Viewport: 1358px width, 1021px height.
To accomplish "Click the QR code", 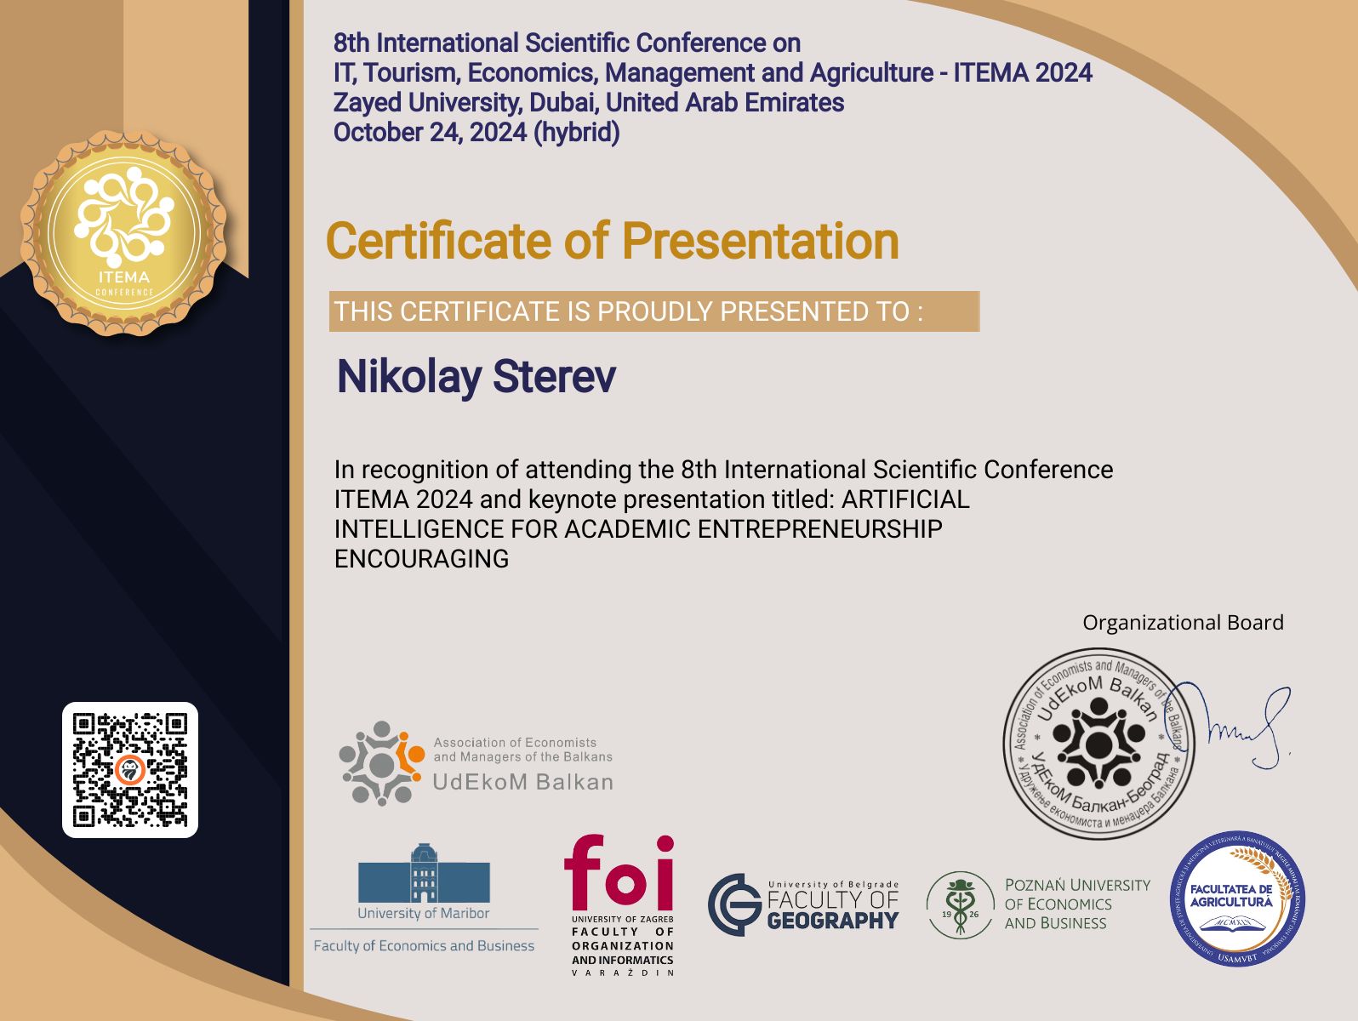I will (130, 770).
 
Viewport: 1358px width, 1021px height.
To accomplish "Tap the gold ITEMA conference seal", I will (124, 232).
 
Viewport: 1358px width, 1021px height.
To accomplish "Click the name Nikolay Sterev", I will (476, 377).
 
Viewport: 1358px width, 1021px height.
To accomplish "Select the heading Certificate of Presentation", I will (613, 241).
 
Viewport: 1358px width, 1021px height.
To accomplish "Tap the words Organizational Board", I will (1183, 623).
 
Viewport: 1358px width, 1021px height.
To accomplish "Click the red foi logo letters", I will (619, 873).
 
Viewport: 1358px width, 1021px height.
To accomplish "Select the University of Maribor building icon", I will (424, 874).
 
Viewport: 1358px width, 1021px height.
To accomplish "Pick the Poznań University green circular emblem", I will (960, 905).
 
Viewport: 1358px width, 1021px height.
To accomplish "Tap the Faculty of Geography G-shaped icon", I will (734, 905).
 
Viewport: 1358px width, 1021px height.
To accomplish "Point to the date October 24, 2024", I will (430, 133).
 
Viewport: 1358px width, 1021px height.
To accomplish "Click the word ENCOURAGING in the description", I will (421, 559).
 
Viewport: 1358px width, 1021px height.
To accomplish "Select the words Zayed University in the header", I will (425, 103).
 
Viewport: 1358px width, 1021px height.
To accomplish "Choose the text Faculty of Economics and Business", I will (424, 946).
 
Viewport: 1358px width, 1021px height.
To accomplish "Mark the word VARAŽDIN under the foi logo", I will (623, 973).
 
